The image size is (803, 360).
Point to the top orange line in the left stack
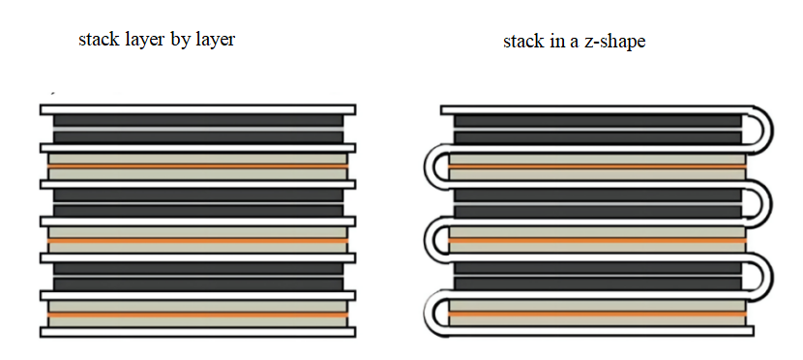(197, 165)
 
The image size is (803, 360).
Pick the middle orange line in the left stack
(197, 240)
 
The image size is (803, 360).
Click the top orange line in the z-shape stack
(597, 165)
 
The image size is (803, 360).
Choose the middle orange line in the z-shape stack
(597, 240)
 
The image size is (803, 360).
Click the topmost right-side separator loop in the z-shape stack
(764, 130)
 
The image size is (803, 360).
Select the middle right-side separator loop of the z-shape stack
(764, 203)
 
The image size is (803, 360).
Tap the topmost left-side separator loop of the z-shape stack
(431, 166)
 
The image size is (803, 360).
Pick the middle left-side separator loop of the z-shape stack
(431, 240)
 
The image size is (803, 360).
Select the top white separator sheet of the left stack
(197, 109)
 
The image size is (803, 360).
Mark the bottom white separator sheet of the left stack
(197, 332)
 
